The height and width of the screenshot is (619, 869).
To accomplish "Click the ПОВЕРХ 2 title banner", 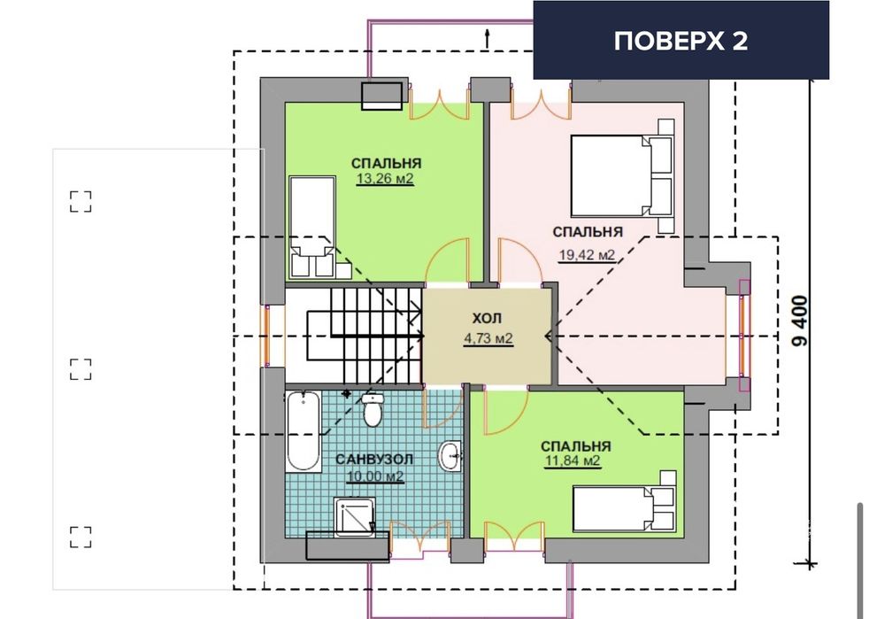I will pyautogui.click(x=681, y=41).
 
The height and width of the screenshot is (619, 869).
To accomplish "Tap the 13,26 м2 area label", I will pyautogui.click(x=385, y=179).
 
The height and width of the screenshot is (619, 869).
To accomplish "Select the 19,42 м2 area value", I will pyautogui.click(x=586, y=255).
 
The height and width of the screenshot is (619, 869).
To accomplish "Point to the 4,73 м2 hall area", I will pyautogui.click(x=488, y=338).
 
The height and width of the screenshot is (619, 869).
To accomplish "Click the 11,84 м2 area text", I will pyautogui.click(x=573, y=461).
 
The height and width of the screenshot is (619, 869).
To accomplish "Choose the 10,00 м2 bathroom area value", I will pyautogui.click(x=376, y=476).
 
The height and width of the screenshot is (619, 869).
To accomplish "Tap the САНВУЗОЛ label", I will pyautogui.click(x=374, y=460).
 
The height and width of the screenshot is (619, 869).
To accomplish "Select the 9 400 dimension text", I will pyautogui.click(x=801, y=322).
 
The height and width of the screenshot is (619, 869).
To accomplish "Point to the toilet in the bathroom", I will pyautogui.click(x=373, y=410).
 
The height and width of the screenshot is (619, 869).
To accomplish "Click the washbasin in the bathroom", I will pyautogui.click(x=451, y=456).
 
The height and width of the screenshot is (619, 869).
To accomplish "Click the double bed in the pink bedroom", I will pyautogui.click(x=622, y=174).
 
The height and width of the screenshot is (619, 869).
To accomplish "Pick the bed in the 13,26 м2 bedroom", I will pyautogui.click(x=311, y=226).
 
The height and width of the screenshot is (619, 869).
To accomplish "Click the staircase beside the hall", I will pyautogui.click(x=354, y=335).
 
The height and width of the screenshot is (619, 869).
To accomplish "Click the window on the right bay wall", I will pyautogui.click(x=742, y=335).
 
